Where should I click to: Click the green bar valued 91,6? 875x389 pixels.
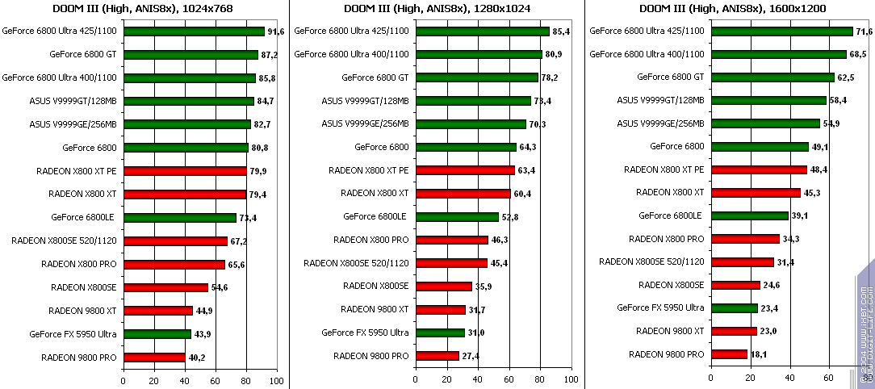(x=194, y=31)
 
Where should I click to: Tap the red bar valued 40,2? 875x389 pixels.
(x=154, y=358)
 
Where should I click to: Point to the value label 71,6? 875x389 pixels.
(x=865, y=31)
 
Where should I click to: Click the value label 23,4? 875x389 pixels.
(x=769, y=308)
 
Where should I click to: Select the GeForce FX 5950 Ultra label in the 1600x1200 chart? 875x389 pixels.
(x=660, y=307)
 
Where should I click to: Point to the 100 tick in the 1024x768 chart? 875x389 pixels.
(x=276, y=379)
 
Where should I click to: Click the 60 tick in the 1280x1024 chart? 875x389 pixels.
(x=509, y=379)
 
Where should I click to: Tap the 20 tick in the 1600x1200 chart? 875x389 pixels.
(x=750, y=377)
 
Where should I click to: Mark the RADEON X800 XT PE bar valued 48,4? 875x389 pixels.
(x=759, y=169)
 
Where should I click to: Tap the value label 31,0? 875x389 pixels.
(x=477, y=333)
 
